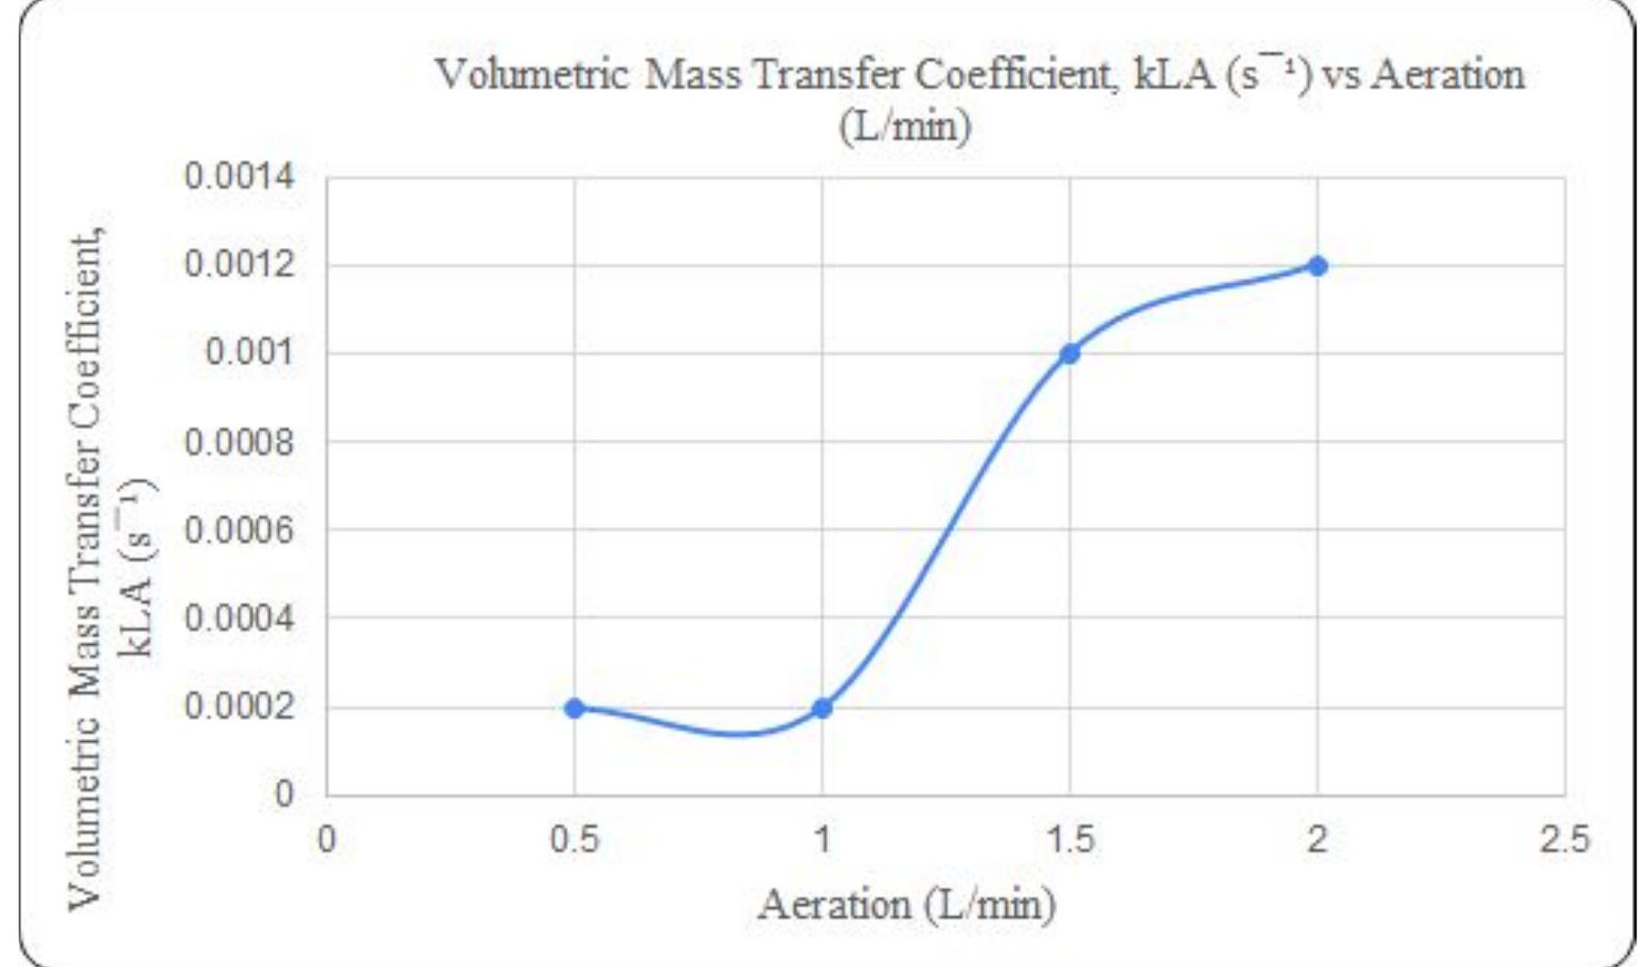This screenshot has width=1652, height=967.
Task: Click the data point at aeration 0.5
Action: (574, 707)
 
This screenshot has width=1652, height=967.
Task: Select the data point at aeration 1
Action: (822, 707)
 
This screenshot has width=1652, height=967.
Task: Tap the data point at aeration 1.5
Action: (1069, 353)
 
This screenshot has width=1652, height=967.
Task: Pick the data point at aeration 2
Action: (1317, 266)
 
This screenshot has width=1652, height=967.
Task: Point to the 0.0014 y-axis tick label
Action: (240, 176)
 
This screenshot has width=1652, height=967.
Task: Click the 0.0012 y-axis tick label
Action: (240, 264)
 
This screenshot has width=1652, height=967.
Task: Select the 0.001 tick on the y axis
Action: (250, 352)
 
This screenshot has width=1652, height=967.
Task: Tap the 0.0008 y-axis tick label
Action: (240, 442)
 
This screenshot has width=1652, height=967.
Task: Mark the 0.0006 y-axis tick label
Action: (240, 530)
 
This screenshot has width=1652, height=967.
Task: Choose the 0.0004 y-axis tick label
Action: (240, 618)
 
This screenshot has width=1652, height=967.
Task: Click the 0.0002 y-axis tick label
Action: (240, 706)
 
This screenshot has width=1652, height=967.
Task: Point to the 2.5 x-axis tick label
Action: (1564, 839)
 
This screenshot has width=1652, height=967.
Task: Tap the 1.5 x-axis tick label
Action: (1069, 839)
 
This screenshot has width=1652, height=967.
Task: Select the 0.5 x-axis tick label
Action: (574, 839)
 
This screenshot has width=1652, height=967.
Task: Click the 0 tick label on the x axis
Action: (327, 839)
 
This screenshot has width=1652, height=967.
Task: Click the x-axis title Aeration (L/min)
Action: (906, 906)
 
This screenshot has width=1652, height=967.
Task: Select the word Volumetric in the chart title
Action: (531, 75)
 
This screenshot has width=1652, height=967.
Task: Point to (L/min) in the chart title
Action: (905, 125)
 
